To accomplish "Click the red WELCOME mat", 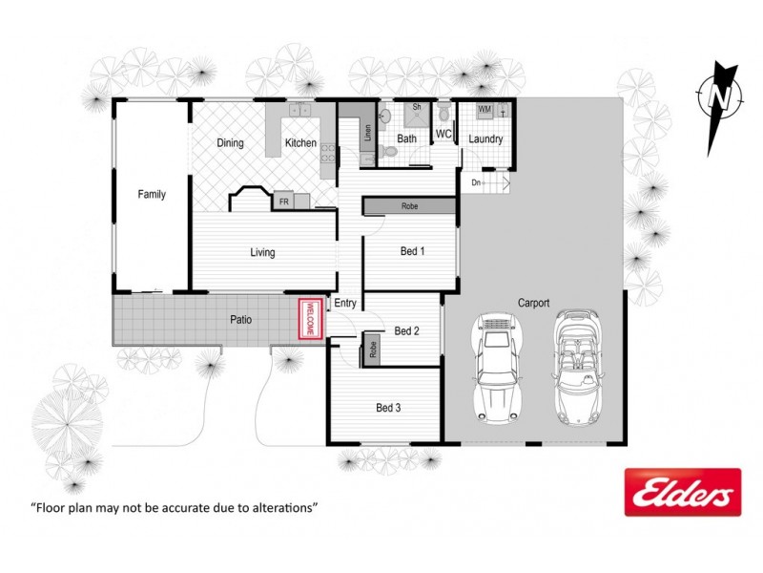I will (309, 319).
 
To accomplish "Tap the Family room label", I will (152, 195).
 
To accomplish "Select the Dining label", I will (230, 143).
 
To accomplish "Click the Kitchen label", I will (300, 143).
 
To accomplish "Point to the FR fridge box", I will (283, 202).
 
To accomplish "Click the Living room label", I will (262, 253).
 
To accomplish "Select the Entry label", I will (345, 304).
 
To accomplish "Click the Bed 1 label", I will (412, 251).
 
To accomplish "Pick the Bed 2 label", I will (407, 331).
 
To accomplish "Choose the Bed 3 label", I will (388, 408).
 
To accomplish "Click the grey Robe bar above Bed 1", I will (408, 206).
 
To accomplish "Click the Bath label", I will (407, 139).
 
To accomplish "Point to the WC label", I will (443, 135).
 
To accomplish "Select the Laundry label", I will (485, 139).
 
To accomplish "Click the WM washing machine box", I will (485, 111).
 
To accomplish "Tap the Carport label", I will (533, 303).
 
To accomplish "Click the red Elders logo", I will (682, 493).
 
